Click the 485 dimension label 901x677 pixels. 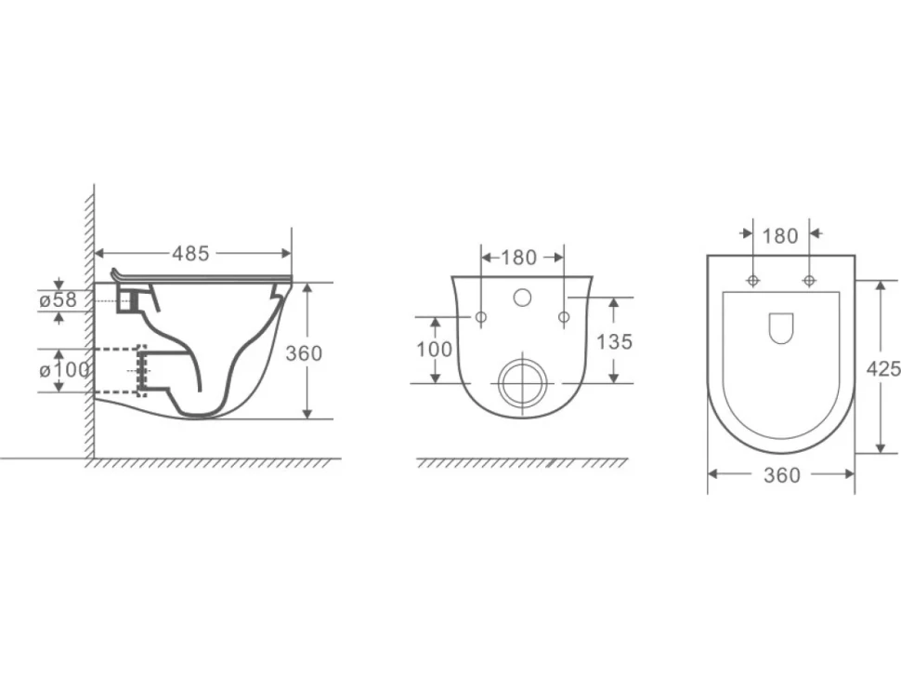pos(190,253)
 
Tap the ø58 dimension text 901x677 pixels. pos(58,299)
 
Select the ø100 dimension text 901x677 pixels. pos(64,370)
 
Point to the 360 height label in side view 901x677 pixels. pos(304,353)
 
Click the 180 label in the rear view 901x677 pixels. pos(518,258)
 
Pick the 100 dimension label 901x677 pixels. pos(435,349)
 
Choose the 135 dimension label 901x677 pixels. pos(614,341)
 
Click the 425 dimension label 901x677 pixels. pos(883,368)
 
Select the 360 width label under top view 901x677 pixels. pos(781,475)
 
